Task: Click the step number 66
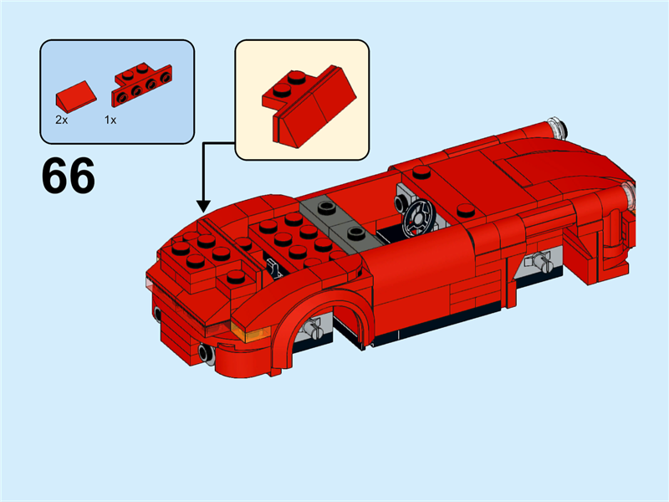point(69,177)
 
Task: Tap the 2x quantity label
point(61,120)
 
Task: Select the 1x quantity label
point(110,120)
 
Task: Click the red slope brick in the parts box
point(74,94)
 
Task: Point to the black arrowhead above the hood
point(202,205)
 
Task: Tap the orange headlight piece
point(246,333)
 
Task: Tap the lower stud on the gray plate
point(355,233)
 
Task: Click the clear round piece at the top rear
point(557,128)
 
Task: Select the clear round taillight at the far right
point(627,200)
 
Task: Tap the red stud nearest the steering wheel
point(466,211)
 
